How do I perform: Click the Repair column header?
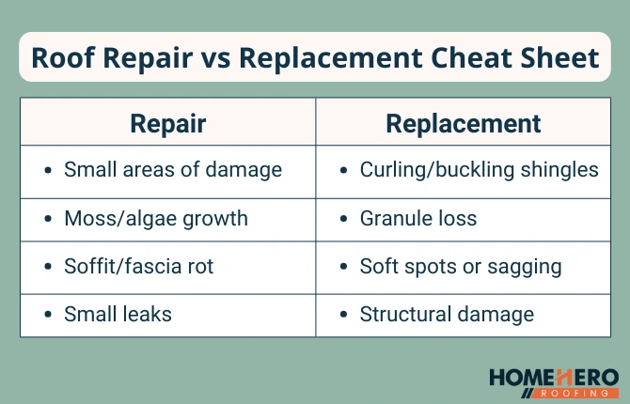tap(167, 123)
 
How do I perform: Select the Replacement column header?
tap(464, 123)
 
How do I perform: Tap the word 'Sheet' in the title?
tap(560, 58)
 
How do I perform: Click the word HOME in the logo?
tap(521, 378)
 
